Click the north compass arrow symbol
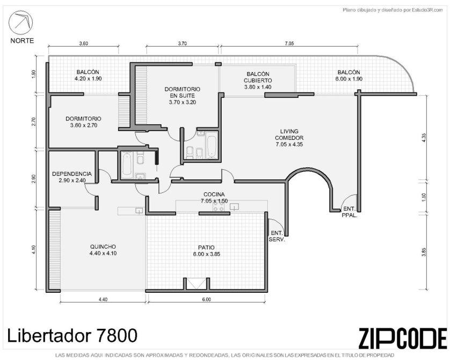(20, 23)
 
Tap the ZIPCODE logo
(403, 338)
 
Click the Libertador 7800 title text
(72, 335)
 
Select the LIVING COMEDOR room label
(289, 138)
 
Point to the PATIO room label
(206, 250)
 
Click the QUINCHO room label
(103, 250)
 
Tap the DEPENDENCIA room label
(72, 177)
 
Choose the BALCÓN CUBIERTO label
(258, 81)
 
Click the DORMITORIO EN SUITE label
(182, 96)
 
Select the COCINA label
(214, 198)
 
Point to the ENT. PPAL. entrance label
(349, 212)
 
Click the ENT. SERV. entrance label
(277, 236)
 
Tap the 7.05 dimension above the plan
(289, 44)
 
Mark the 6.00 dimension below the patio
(206, 299)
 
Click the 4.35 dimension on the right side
(424, 137)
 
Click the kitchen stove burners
(218, 207)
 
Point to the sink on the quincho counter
(139, 211)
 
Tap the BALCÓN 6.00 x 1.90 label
(349, 76)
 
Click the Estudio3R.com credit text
(393, 10)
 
